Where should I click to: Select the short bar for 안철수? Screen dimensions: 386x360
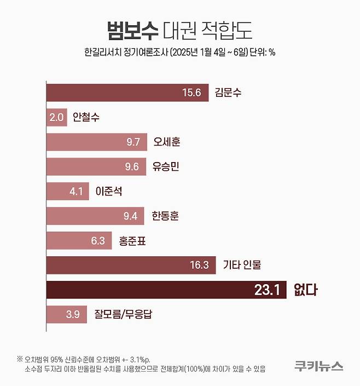pyautogui.click(x=56, y=117)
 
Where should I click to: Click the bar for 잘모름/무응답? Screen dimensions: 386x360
pyautogui.click(x=66, y=314)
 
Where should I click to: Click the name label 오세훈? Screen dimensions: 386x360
pyautogui.click(x=167, y=142)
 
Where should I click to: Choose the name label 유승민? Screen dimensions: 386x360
pyautogui.click(x=166, y=166)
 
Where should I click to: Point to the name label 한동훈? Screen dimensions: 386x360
pyautogui.click(x=165, y=216)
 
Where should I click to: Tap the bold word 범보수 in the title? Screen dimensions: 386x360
pyautogui.click(x=132, y=31)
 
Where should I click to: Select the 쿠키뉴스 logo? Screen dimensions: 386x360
pyautogui.click(x=318, y=365)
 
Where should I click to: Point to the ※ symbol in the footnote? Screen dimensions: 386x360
pyautogui.click(x=20, y=359)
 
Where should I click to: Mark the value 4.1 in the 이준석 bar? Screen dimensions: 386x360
pyautogui.click(x=76, y=191)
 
